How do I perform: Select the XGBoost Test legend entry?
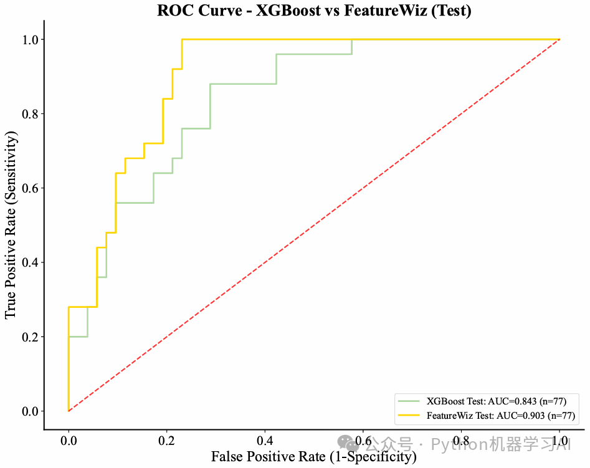[x=496, y=401]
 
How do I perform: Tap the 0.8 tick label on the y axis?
[x=29, y=114]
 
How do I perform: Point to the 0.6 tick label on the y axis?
[x=29, y=188]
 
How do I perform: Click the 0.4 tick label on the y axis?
[x=29, y=262]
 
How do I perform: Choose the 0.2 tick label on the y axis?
[x=29, y=337]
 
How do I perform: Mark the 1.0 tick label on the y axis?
[x=29, y=40]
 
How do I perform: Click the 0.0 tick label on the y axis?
[x=29, y=411]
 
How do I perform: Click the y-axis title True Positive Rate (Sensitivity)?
[x=11, y=225]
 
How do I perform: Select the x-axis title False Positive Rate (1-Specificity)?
[x=313, y=457]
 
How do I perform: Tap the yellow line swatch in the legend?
[x=409, y=415]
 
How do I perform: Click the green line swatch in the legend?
[x=409, y=401]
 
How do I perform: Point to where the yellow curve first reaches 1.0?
[x=182, y=40]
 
